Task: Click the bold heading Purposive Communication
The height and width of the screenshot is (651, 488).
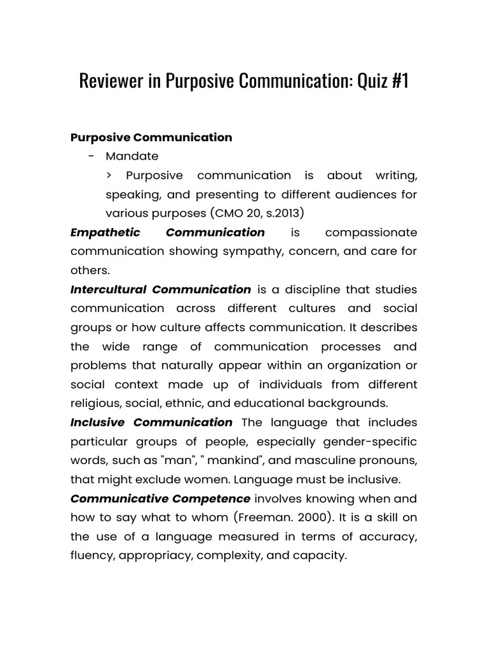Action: (x=151, y=137)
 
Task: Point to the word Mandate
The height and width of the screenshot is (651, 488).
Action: (x=132, y=156)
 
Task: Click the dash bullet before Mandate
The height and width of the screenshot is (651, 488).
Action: (x=93, y=156)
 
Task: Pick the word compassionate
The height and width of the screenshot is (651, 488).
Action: (x=371, y=232)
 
